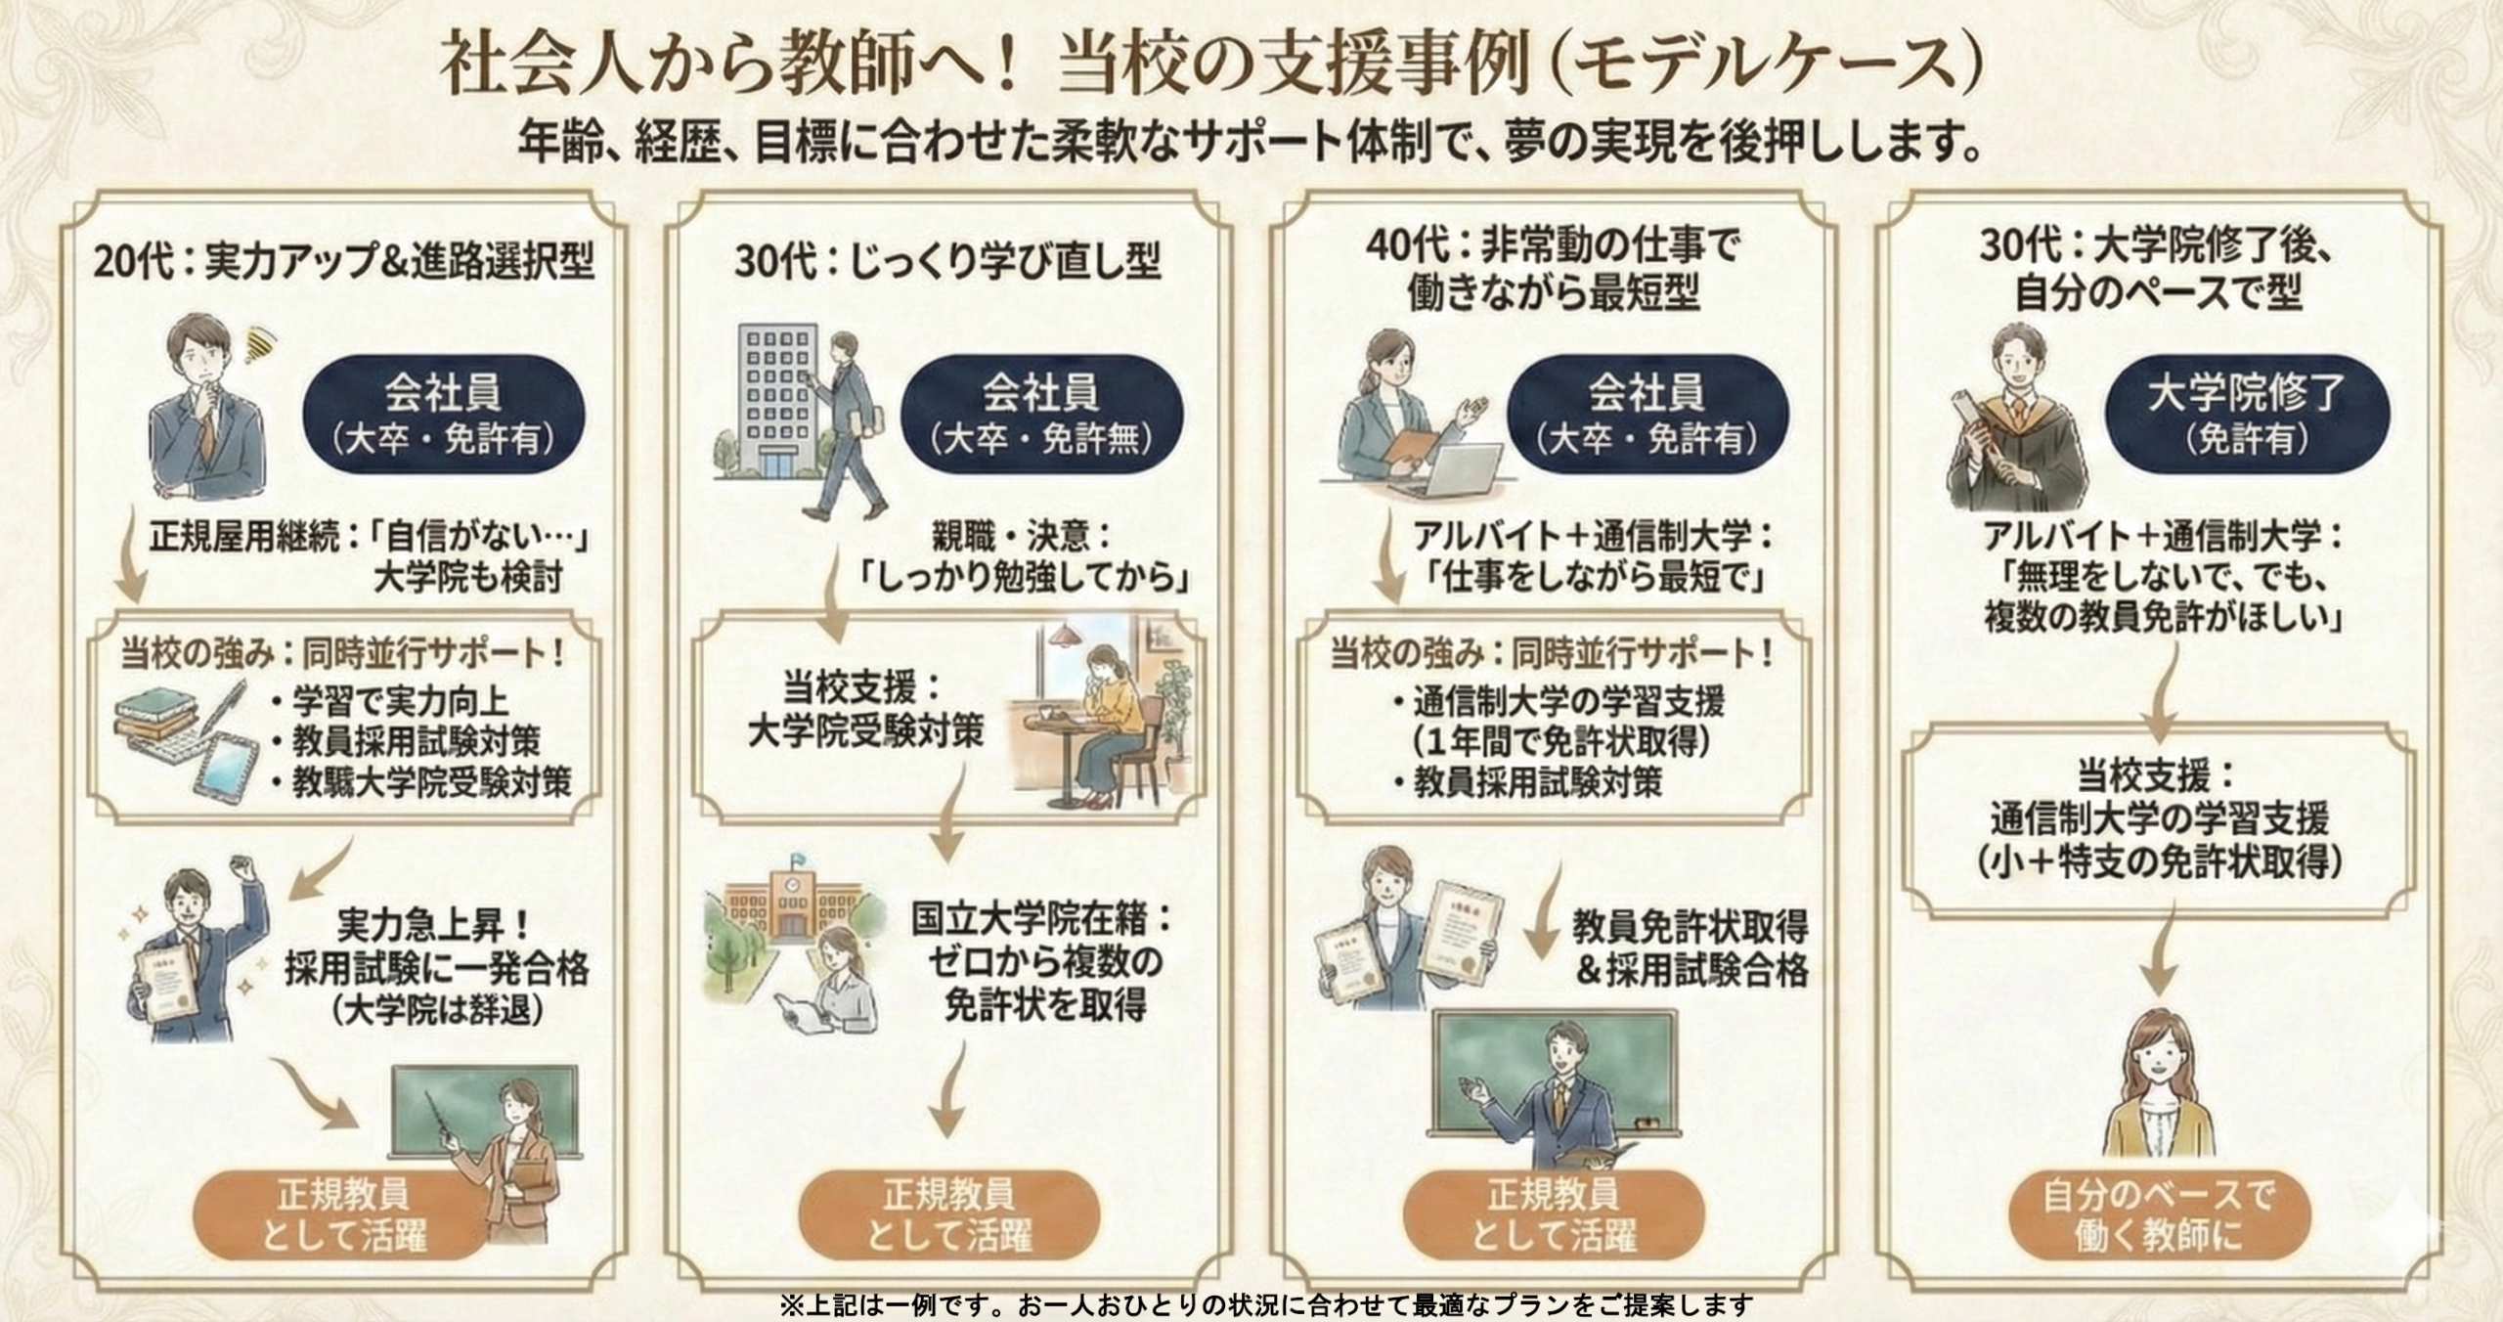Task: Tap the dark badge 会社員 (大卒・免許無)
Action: pos(1041,414)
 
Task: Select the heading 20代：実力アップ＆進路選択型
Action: pos(343,262)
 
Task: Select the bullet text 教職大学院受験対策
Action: pos(431,782)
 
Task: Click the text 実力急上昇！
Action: pos(435,923)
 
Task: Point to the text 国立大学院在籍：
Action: pos(1041,920)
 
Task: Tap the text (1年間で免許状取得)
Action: pos(1561,742)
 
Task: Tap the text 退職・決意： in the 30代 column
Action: pos(1023,536)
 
